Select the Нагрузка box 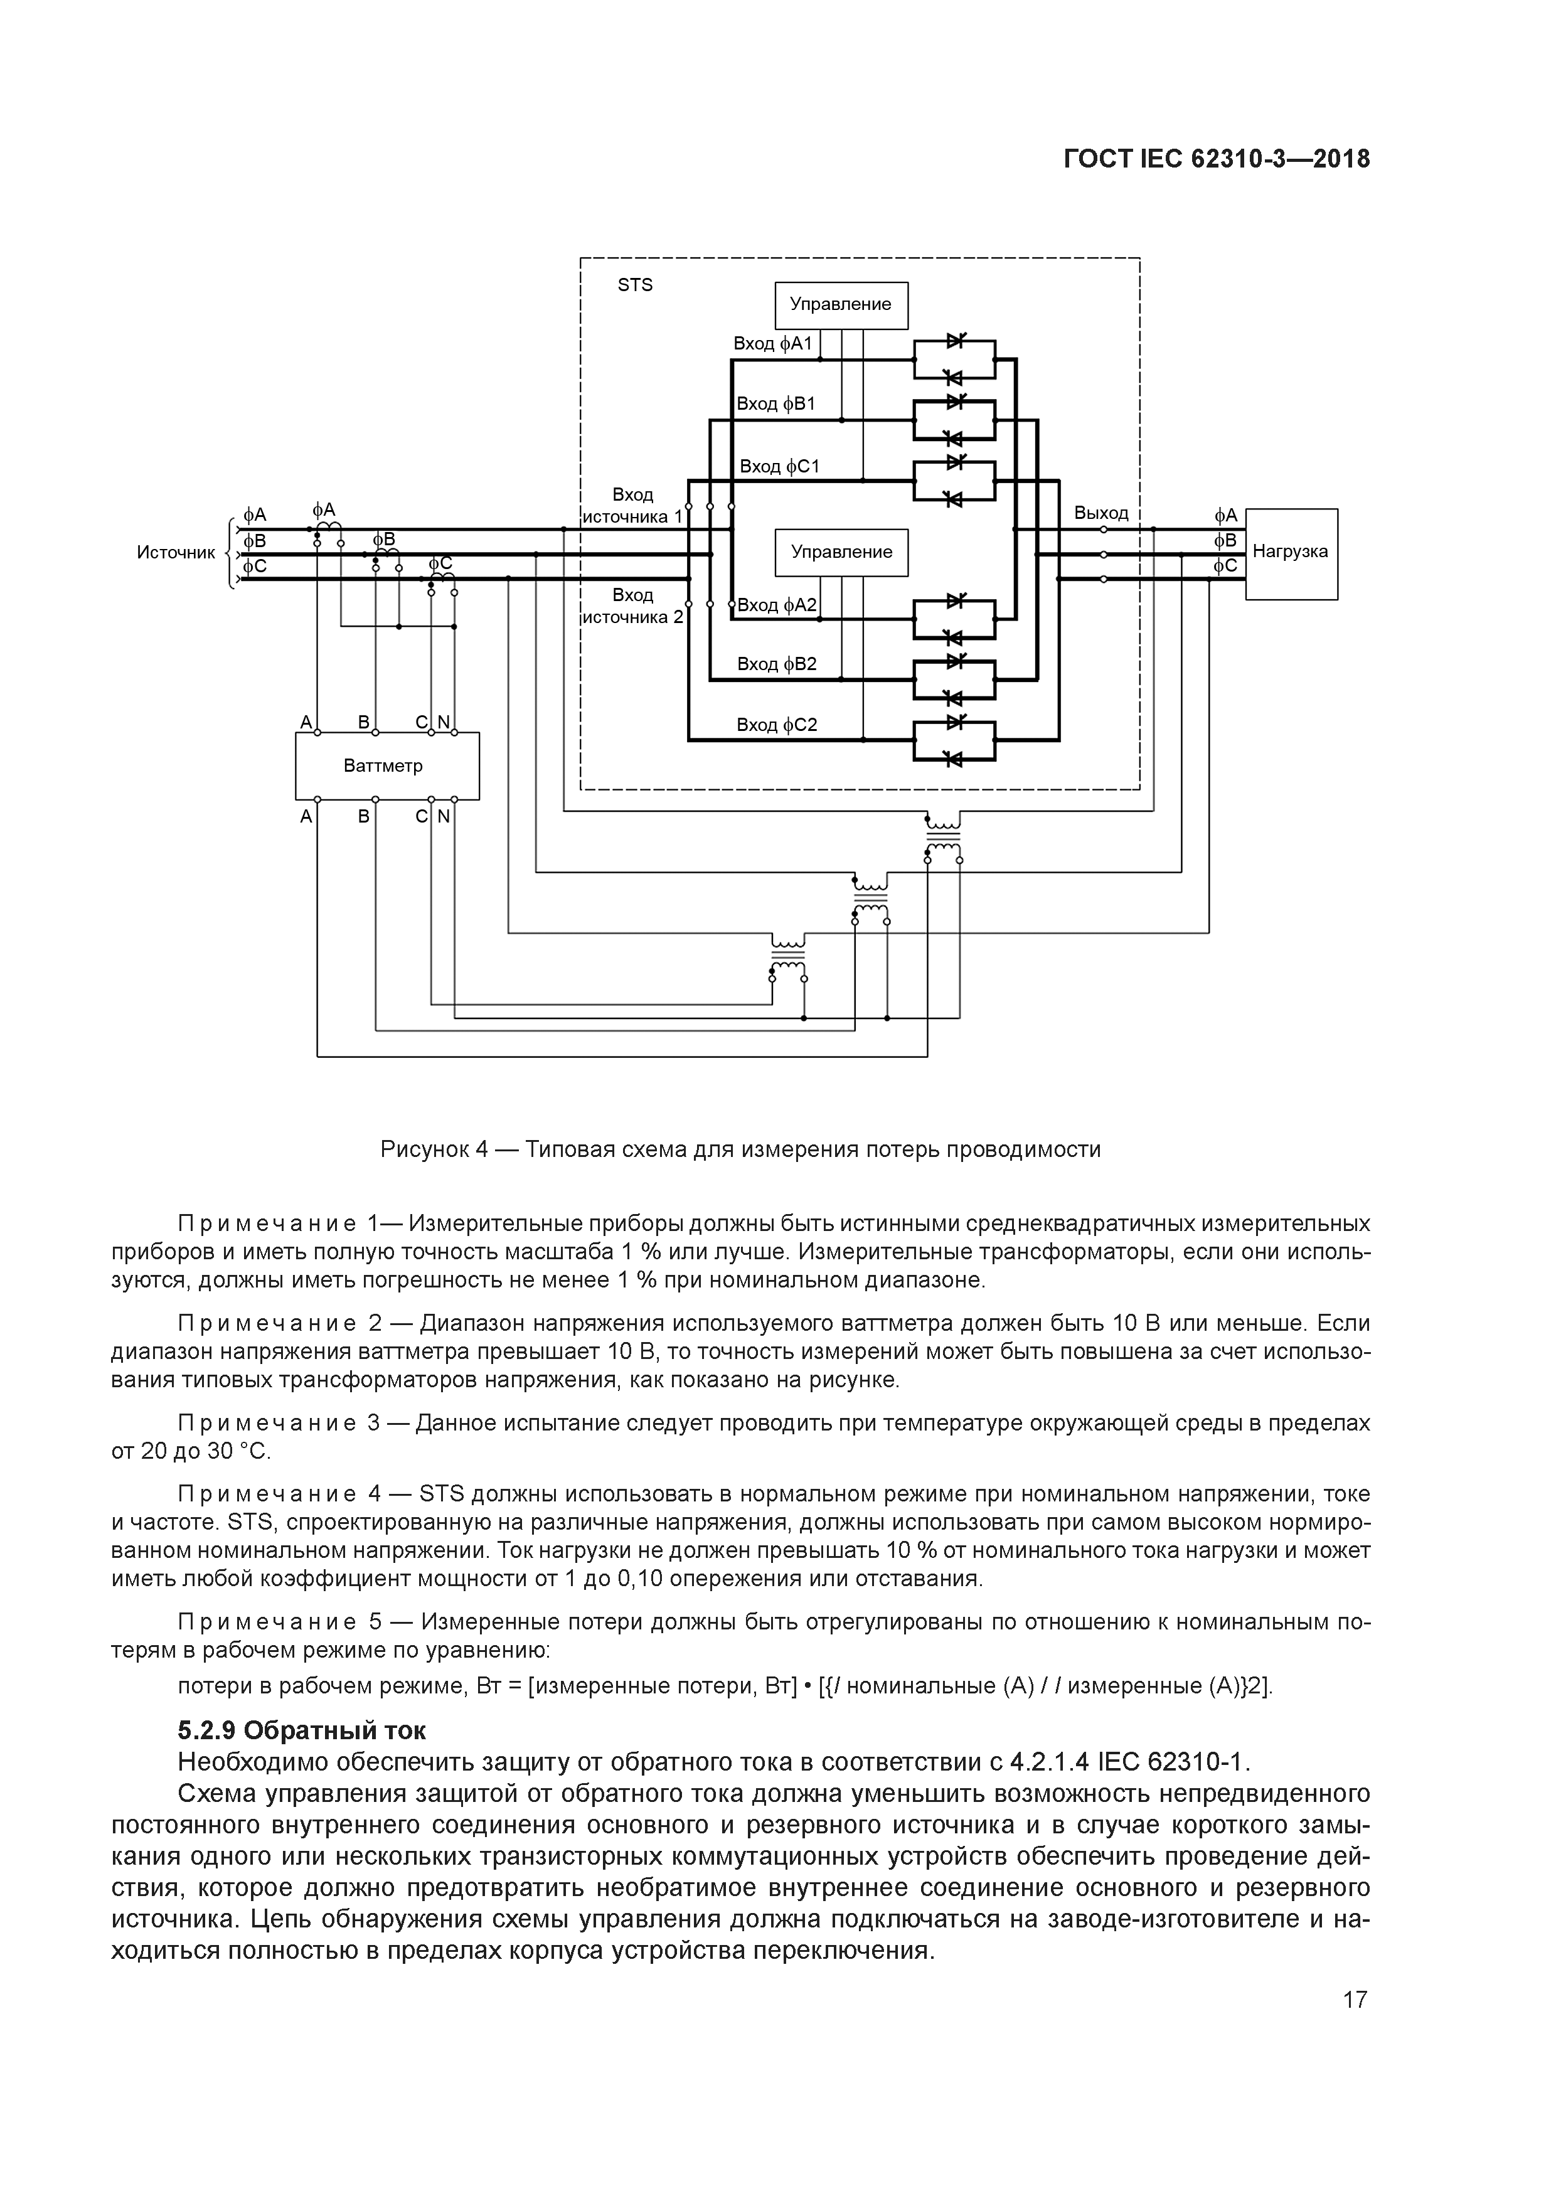pos(1291,553)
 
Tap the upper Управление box pos(841,305)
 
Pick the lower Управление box pos(841,552)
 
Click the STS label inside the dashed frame pos(635,285)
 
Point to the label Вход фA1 pos(773,343)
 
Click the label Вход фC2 pos(777,725)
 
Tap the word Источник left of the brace pos(176,553)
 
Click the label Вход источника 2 pos(633,606)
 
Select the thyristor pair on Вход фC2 pos(954,740)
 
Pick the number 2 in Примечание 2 pos(375,1324)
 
